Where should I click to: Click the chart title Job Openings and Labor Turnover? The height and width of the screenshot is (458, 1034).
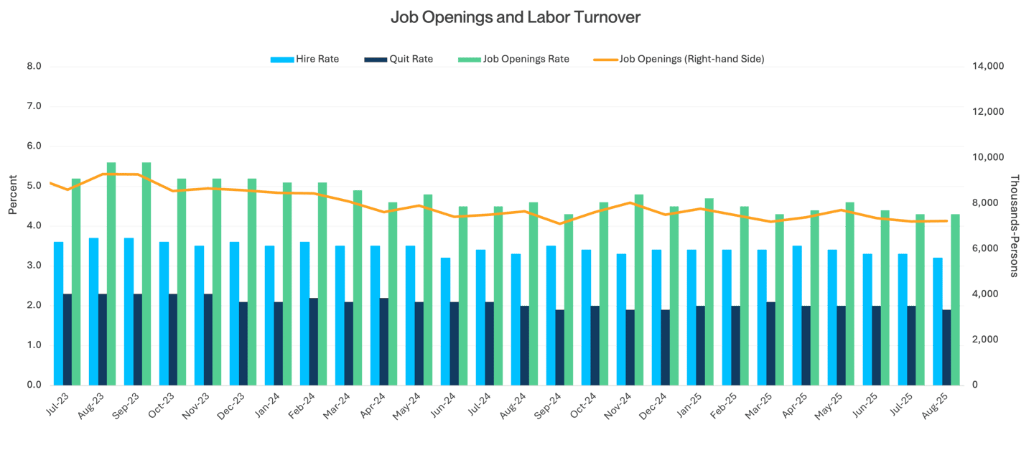[515, 17]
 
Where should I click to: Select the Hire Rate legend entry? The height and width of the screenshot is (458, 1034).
[304, 59]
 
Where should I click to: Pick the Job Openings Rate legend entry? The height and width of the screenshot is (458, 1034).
[513, 59]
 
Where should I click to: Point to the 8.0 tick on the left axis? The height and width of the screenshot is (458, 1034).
[34, 67]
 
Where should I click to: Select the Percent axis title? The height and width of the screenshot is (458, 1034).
[13, 195]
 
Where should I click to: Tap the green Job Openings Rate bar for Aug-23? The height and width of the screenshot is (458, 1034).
[111, 274]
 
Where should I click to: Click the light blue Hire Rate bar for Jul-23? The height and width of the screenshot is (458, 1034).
[58, 313]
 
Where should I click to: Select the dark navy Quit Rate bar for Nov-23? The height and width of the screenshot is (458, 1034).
[208, 340]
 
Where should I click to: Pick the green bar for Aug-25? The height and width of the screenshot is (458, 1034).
[955, 299]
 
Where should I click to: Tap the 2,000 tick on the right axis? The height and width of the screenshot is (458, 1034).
[987, 340]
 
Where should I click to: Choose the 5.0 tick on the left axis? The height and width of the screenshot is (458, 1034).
[34, 187]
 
